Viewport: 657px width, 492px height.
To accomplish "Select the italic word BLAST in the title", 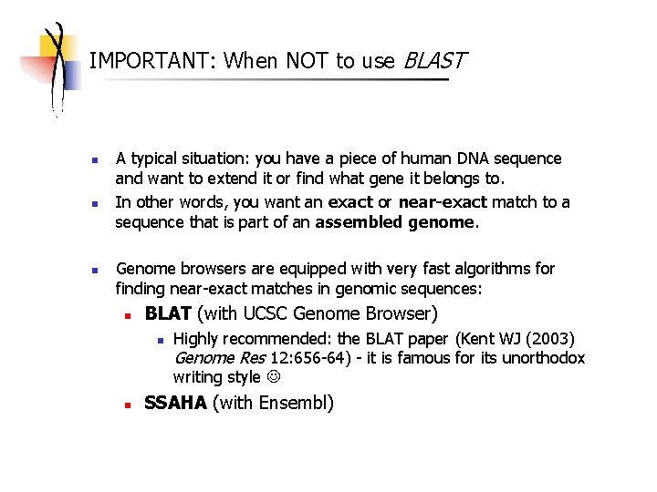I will (434, 61).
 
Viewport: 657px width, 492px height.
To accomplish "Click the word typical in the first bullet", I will (155, 159).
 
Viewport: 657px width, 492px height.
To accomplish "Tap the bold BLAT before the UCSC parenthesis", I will (168, 314).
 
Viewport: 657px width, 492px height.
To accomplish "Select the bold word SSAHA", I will (175, 403).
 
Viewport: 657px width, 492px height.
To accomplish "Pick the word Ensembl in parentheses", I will (293, 403).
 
